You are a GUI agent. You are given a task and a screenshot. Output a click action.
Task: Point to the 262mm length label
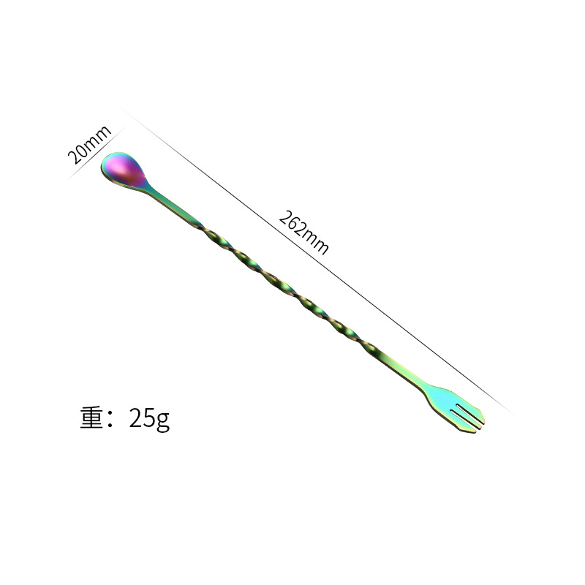tap(303, 231)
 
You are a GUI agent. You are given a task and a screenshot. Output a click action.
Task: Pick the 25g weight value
tap(148, 418)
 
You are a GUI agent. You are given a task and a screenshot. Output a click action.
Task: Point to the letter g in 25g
tap(163, 421)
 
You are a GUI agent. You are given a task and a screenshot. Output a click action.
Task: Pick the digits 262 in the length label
tap(292, 222)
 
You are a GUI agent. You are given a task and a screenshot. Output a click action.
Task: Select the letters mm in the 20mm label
tap(97, 137)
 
